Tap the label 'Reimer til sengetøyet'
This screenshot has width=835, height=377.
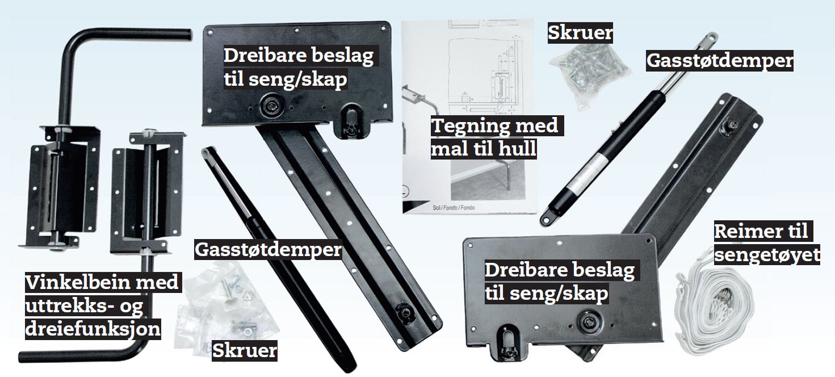[x=766, y=243]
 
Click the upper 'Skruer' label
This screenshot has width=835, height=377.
[x=580, y=33]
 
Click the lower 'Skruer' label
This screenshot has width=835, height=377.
[x=245, y=350]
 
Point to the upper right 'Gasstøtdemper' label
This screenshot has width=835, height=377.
[x=719, y=61]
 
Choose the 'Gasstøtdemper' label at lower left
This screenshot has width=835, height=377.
[x=268, y=249]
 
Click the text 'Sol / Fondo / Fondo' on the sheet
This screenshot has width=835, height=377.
[x=454, y=207]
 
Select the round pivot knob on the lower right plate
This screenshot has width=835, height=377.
[x=589, y=321]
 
